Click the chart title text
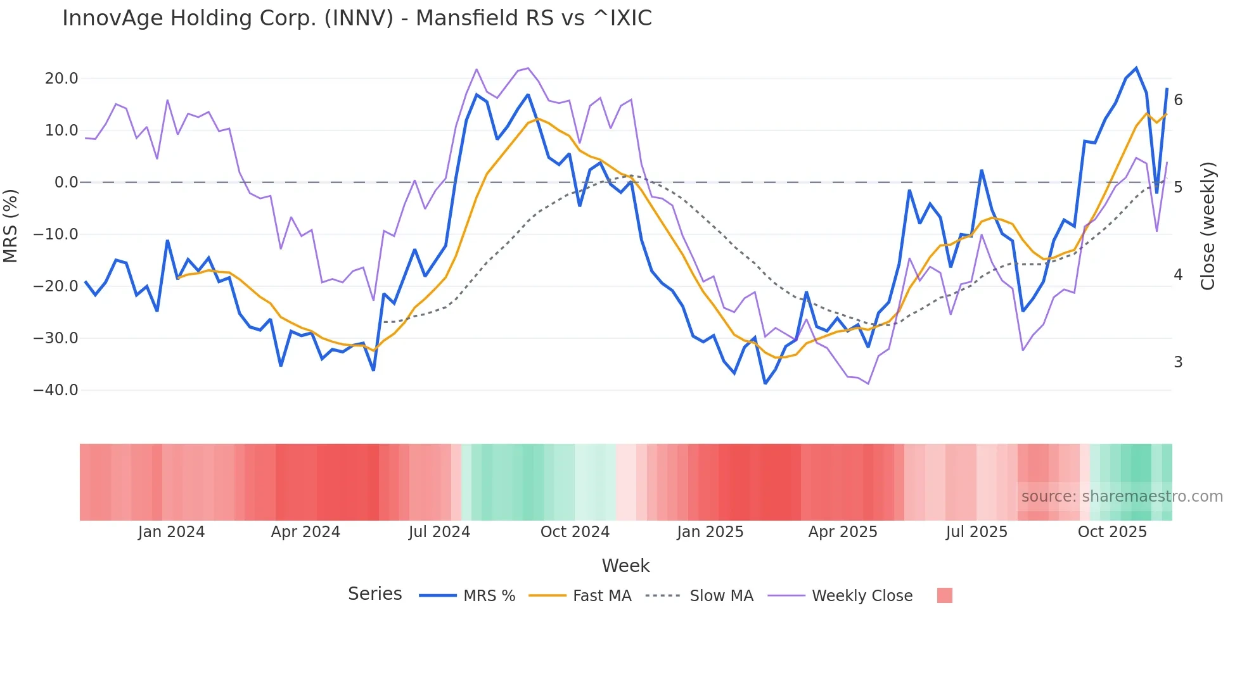(x=357, y=18)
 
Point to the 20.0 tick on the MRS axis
(x=61, y=79)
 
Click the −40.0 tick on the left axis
(x=56, y=390)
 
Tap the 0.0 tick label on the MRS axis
(x=66, y=182)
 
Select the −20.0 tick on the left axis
(x=56, y=286)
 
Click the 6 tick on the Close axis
(x=1178, y=100)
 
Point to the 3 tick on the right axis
(x=1178, y=362)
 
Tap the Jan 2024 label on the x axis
(x=171, y=532)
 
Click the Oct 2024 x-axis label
(x=575, y=532)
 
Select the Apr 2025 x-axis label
(x=843, y=532)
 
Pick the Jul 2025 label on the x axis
(x=976, y=532)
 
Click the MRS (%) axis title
(x=11, y=225)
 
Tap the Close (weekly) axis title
(x=1208, y=225)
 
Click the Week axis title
(x=625, y=566)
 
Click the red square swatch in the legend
(x=944, y=596)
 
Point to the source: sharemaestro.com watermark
(x=1122, y=497)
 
